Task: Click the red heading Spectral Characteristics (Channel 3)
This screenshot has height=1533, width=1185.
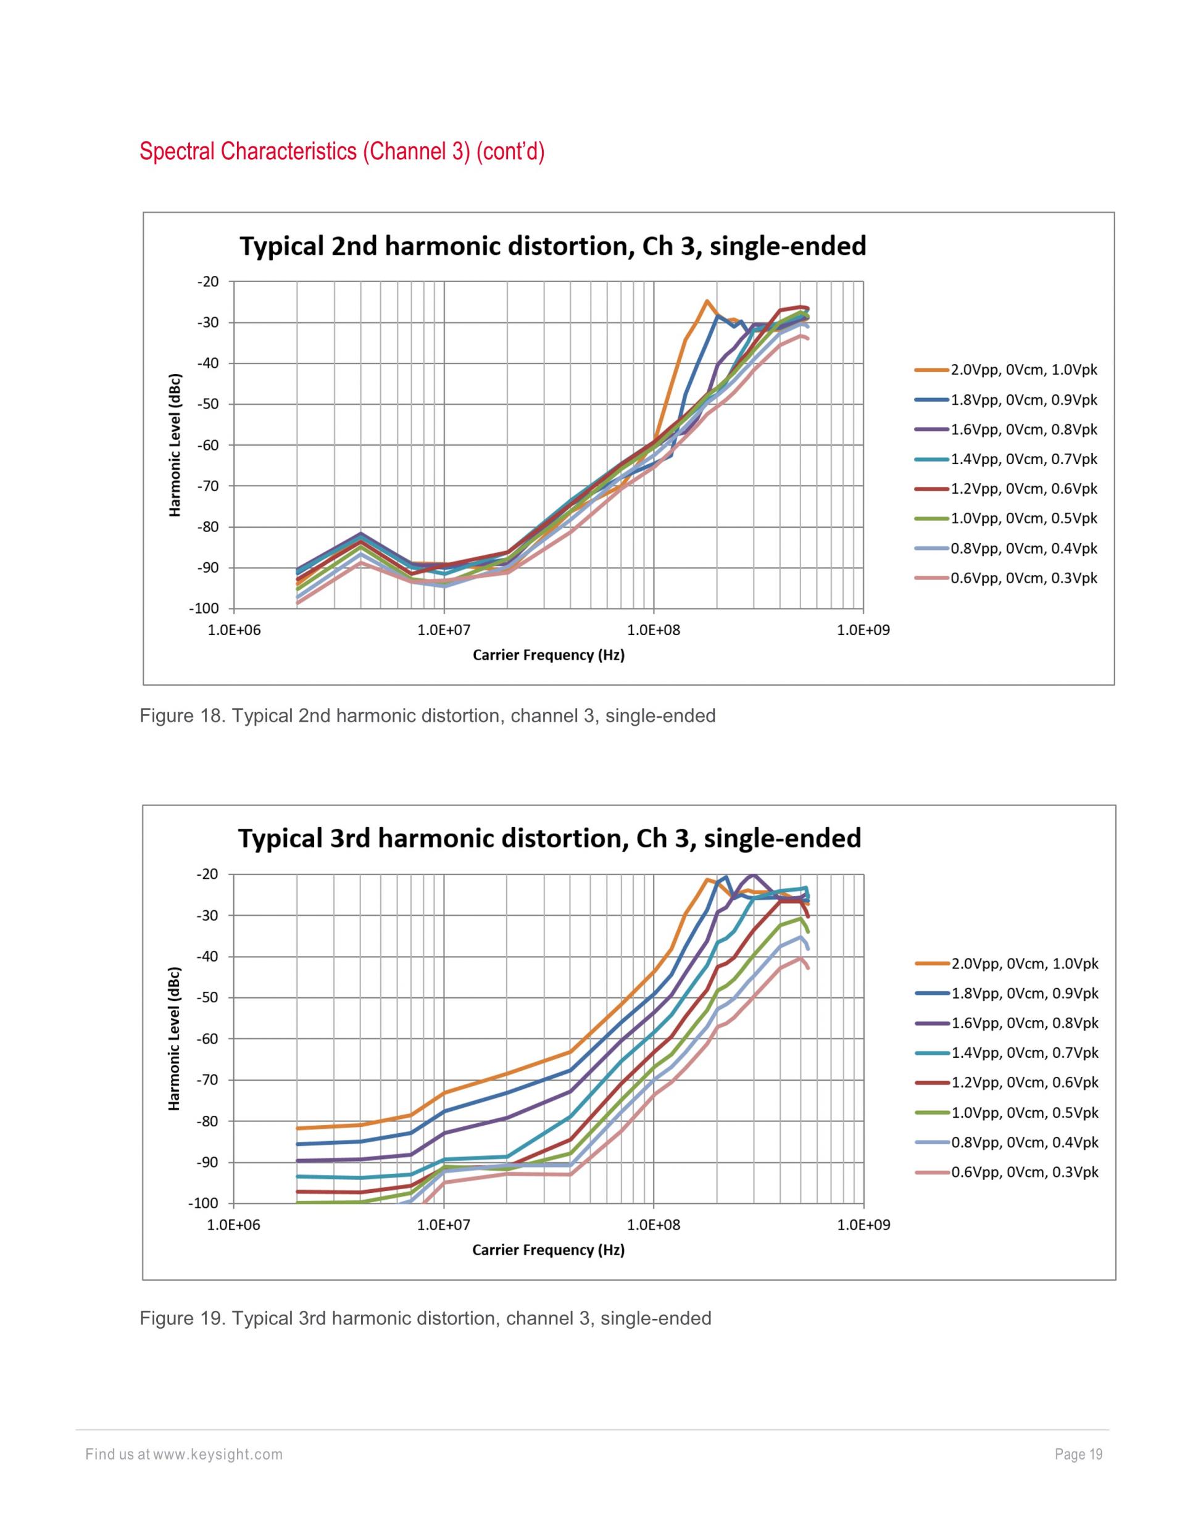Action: [342, 151]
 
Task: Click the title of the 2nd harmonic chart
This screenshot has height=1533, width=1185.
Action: [552, 246]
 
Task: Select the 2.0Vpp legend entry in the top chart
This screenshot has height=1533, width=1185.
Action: [1023, 370]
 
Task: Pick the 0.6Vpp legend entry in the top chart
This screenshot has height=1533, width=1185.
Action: [1023, 578]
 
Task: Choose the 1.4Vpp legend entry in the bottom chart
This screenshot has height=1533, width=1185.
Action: [1025, 1052]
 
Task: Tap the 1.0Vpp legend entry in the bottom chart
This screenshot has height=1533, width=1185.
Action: [1025, 1113]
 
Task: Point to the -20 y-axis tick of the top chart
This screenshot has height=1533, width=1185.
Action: [209, 281]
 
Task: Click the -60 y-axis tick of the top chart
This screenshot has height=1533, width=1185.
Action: [209, 445]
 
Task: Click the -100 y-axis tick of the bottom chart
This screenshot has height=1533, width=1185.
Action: [205, 1203]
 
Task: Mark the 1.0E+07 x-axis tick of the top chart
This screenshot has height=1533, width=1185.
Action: [444, 630]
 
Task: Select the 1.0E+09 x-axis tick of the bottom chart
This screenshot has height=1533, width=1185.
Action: [863, 1226]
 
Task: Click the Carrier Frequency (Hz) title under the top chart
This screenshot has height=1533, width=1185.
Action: [548, 655]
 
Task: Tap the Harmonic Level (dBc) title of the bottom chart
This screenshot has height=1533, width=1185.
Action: [175, 1039]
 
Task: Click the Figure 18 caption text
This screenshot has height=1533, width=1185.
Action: [428, 716]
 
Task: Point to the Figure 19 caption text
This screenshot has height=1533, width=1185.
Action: [425, 1318]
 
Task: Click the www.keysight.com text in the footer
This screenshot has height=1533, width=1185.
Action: [218, 1455]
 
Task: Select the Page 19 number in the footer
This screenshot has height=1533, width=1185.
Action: [1078, 1455]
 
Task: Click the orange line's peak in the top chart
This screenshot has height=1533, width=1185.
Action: [707, 301]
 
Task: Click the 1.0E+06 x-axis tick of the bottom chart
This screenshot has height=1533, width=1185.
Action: [235, 1226]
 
